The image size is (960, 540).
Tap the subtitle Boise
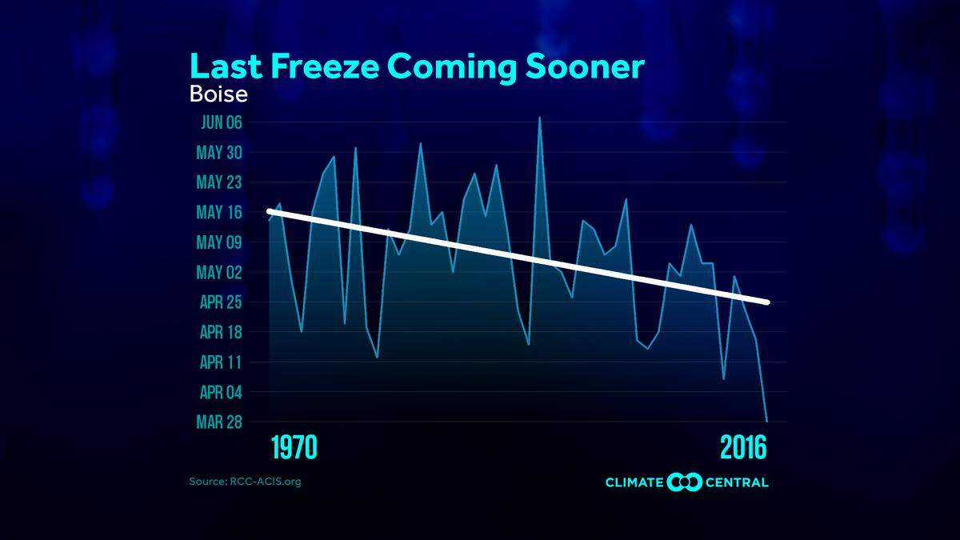(x=218, y=94)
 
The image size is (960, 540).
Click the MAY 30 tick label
(x=219, y=152)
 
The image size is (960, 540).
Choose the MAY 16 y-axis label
(x=219, y=212)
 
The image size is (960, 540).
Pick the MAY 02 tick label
(x=219, y=272)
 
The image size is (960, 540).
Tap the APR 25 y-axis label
(x=219, y=302)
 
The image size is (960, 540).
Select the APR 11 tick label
(x=219, y=362)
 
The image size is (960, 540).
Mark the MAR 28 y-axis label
(x=219, y=422)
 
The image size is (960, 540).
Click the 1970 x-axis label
(x=294, y=448)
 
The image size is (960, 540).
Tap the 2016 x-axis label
(x=743, y=448)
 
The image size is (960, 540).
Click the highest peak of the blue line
(x=540, y=117)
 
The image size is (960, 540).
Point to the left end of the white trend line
(x=270, y=211)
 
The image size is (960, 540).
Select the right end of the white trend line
(x=767, y=302)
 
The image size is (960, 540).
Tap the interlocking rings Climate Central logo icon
(x=684, y=482)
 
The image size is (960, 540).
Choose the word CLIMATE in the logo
(x=634, y=482)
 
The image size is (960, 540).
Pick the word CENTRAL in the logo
(x=738, y=482)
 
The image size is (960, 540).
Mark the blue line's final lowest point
(x=767, y=421)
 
